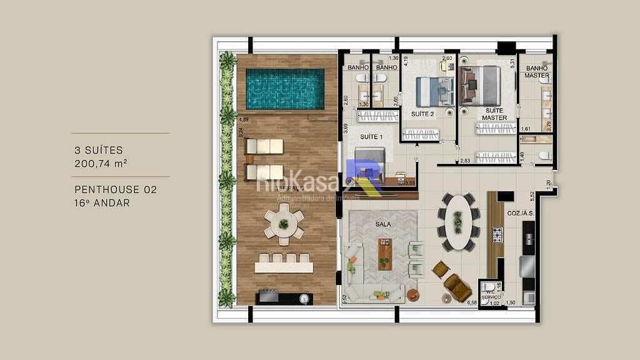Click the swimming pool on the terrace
[285, 88]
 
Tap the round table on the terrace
[284, 223]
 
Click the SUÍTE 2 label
[422, 114]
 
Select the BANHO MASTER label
[537, 72]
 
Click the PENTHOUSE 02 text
[116, 189]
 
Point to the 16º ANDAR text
[102, 202]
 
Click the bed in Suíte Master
[481, 86]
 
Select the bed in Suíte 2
[435, 91]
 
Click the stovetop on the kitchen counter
[497, 234]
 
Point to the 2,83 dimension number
[466, 161]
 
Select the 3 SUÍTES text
[99, 151]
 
